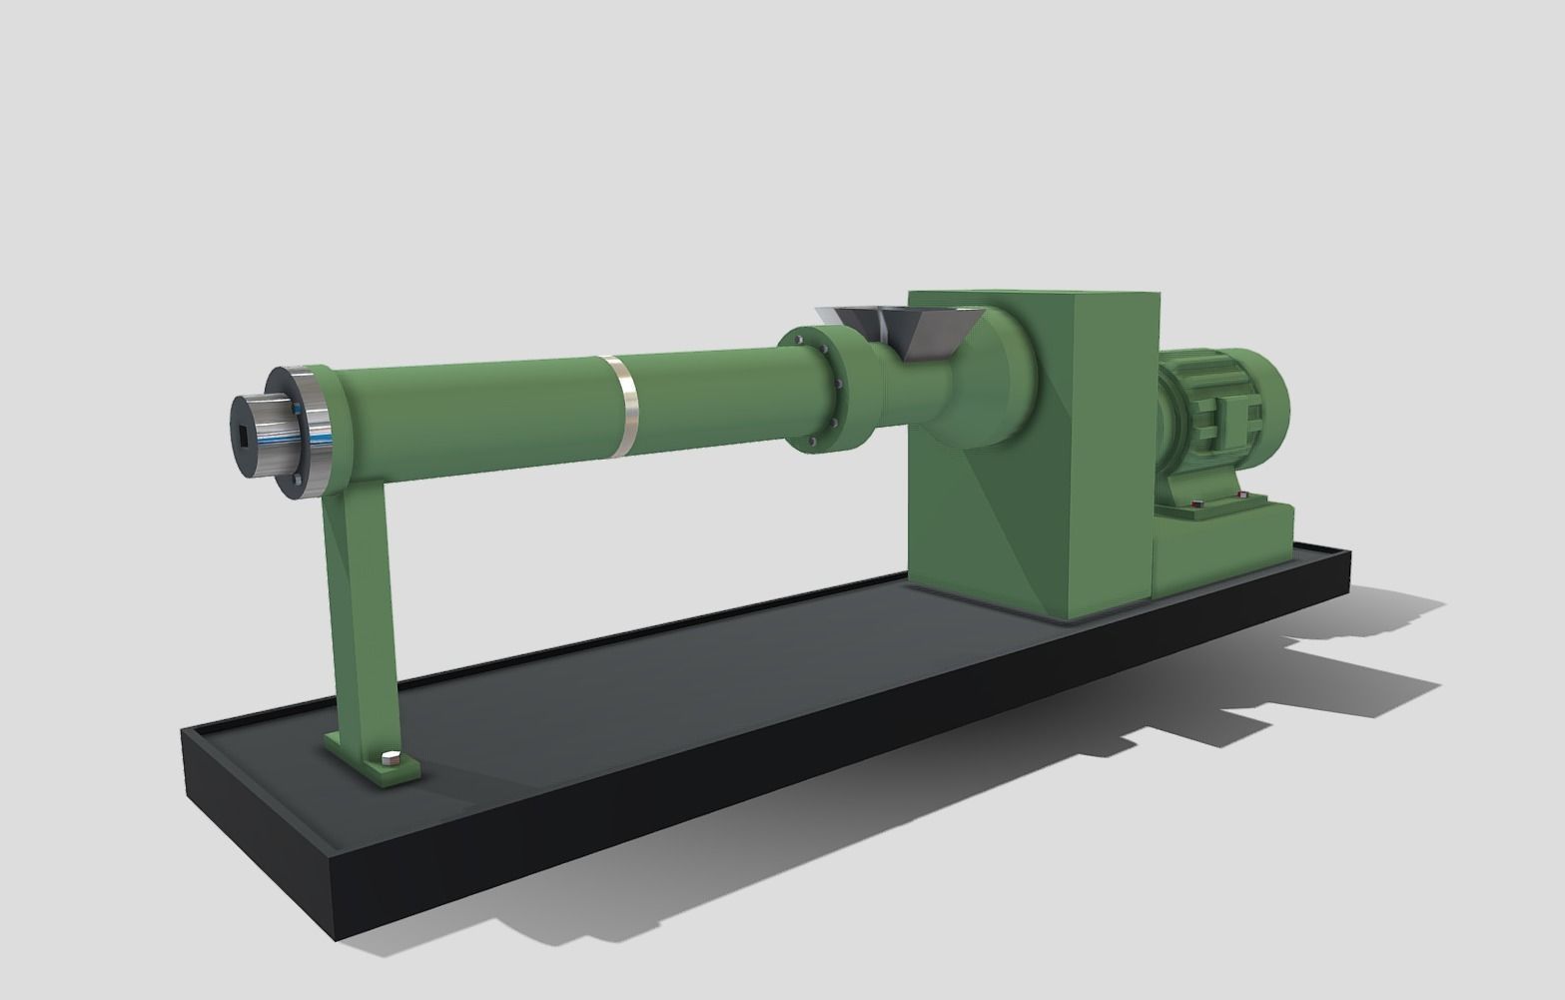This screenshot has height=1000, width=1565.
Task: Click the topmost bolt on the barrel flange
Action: tap(801, 340)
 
